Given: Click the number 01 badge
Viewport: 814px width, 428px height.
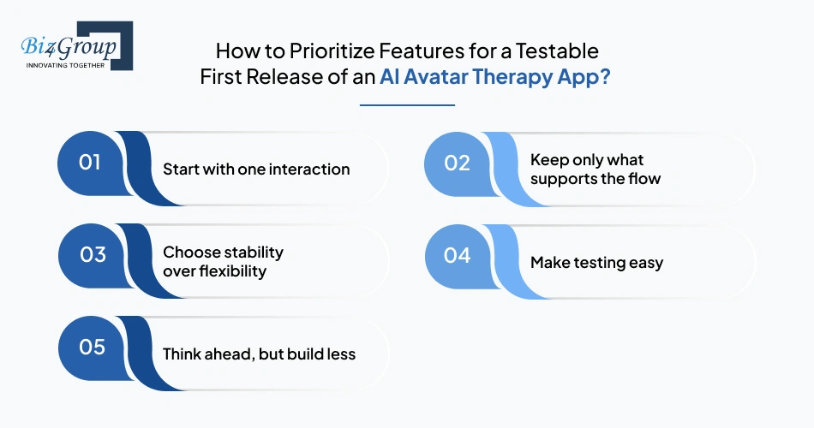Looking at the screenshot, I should pyautogui.click(x=90, y=162).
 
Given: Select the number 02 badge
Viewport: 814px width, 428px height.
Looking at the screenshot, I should pyautogui.click(x=458, y=162).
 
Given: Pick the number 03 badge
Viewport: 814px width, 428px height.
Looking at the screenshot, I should pyautogui.click(x=90, y=254).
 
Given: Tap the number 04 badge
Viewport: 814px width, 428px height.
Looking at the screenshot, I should pyautogui.click(x=458, y=254).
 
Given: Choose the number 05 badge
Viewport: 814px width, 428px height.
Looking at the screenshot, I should pyautogui.click(x=90, y=347).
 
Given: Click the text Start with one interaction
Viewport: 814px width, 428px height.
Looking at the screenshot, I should pyautogui.click(x=256, y=169).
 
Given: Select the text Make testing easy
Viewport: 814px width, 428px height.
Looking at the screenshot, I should pyautogui.click(x=596, y=263).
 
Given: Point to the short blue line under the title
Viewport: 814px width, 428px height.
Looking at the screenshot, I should pyautogui.click(x=407, y=105).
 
